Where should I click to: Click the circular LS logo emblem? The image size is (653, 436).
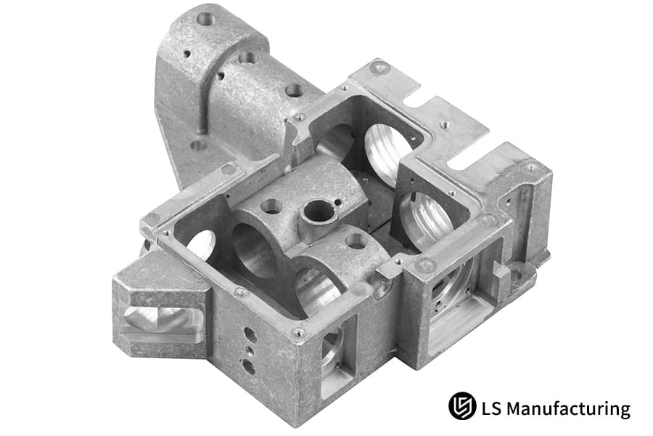pyautogui.click(x=462, y=405)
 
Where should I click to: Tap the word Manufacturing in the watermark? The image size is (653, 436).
pyautogui.click(x=568, y=408)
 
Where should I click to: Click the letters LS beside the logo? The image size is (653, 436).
pyautogui.click(x=491, y=408)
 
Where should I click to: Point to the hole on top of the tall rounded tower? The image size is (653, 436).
pyautogui.click(x=206, y=18)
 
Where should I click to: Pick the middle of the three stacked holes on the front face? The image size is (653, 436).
pyautogui.click(x=250, y=350)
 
